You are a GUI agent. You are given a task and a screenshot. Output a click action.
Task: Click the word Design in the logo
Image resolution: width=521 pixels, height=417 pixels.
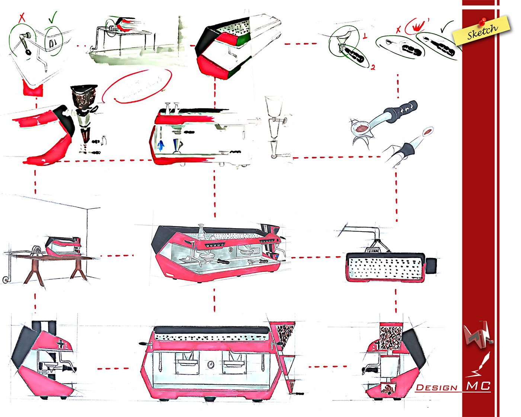click(x=437, y=388)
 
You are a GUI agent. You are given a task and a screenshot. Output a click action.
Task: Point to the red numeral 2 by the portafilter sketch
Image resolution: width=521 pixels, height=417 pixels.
click(x=373, y=67)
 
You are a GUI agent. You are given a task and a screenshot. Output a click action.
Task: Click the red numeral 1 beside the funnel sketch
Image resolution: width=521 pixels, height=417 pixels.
click(x=365, y=36)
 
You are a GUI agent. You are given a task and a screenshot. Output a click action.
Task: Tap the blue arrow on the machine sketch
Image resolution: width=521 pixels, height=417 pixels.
click(x=161, y=145)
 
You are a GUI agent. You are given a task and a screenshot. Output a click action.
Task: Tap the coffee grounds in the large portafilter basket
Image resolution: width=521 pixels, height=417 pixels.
click(x=361, y=128)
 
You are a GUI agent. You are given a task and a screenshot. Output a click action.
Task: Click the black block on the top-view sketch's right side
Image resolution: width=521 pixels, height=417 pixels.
click(x=431, y=264)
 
